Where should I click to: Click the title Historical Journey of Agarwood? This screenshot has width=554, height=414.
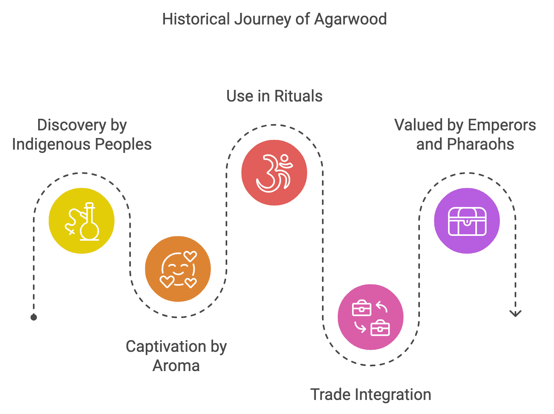pos(275,19)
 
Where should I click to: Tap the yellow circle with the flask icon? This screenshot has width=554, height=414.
pos(81,221)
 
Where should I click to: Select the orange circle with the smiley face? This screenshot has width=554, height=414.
pos(178,269)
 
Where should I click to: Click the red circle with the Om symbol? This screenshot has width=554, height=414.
pos(274,172)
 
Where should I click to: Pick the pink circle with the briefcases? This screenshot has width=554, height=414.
pos(371,317)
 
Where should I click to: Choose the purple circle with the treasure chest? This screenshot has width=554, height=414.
pos(467,221)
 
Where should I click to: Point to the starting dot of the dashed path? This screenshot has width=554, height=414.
pos(34,317)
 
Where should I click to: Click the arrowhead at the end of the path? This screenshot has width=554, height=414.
pos(515,313)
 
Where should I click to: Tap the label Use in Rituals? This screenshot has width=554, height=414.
pos(275,96)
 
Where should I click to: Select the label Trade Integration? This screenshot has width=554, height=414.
pos(371,395)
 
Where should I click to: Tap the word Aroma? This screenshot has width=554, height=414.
pos(176,366)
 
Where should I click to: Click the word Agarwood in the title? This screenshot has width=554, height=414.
pos(350,19)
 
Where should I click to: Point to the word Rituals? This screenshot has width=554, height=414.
pos(298,96)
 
